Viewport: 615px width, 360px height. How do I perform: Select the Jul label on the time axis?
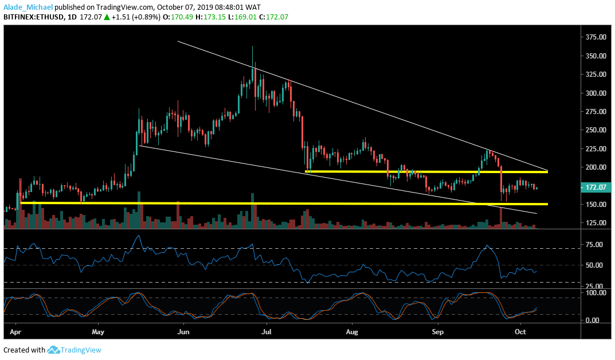click(267, 332)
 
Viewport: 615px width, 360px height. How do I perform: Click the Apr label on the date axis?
click(15, 332)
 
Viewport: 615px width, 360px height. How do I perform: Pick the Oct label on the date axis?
click(520, 332)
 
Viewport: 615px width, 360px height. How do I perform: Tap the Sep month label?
click(438, 332)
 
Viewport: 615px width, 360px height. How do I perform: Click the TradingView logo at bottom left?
click(74, 350)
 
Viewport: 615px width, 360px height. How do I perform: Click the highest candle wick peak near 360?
click(252, 47)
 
